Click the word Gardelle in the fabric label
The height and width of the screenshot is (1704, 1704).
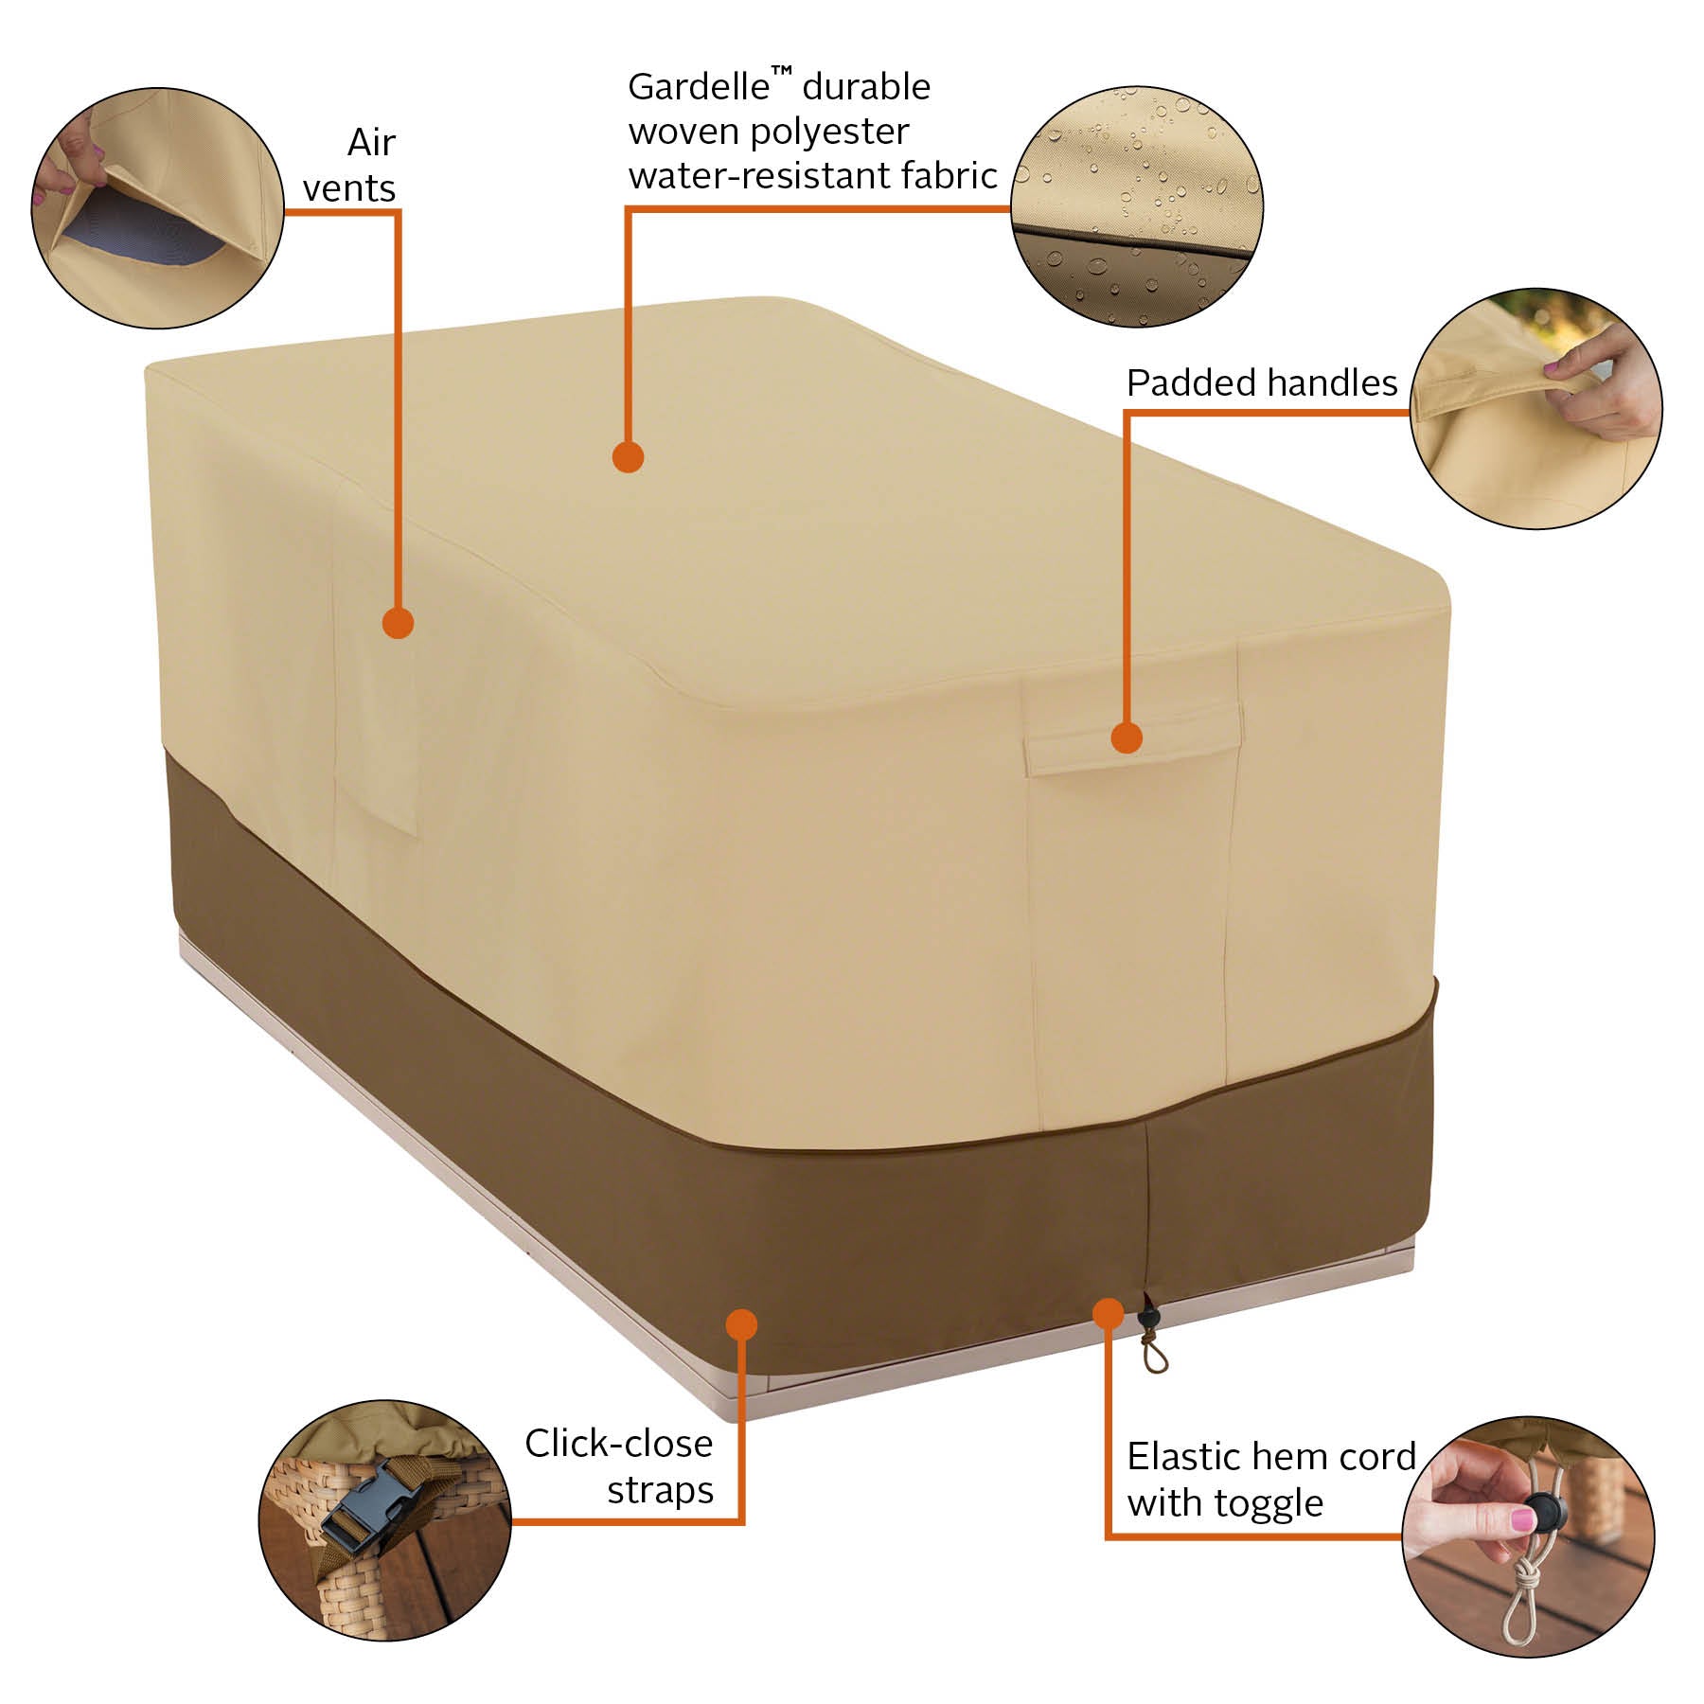699,87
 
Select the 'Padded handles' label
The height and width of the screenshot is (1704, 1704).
1261,383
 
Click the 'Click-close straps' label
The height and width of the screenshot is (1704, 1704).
620,1466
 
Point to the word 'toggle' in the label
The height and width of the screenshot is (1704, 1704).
1271,1504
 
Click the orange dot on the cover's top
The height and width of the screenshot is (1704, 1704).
628,458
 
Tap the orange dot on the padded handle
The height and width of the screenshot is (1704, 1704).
1126,737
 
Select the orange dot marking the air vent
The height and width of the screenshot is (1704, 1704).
399,623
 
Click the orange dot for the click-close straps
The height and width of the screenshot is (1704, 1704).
743,1323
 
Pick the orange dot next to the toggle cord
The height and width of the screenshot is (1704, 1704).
1107,1313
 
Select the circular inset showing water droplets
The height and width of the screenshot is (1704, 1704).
1137,207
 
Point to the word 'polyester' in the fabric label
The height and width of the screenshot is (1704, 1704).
829,132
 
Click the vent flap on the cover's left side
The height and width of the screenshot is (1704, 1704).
375,663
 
